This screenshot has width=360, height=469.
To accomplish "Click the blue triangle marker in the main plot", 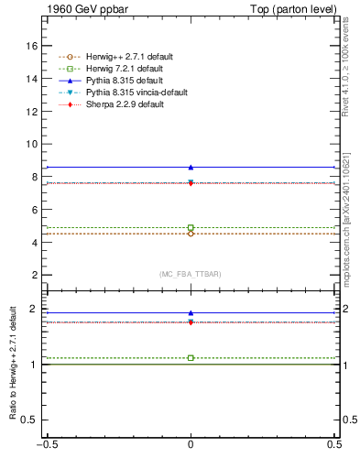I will [x=191, y=167].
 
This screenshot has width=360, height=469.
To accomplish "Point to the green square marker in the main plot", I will [x=191, y=227].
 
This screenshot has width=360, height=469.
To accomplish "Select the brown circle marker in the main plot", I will [x=191, y=234].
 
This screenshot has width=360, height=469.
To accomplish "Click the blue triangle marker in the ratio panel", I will [x=191, y=313].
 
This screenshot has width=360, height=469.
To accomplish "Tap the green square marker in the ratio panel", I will [x=191, y=357].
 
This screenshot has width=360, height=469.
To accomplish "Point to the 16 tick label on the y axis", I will [x=32, y=46].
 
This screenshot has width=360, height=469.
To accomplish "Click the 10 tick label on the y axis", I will [x=32, y=144].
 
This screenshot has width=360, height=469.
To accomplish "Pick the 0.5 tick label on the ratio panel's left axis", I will [x=29, y=420].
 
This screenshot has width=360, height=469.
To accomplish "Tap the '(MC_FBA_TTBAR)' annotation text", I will [x=191, y=275].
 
